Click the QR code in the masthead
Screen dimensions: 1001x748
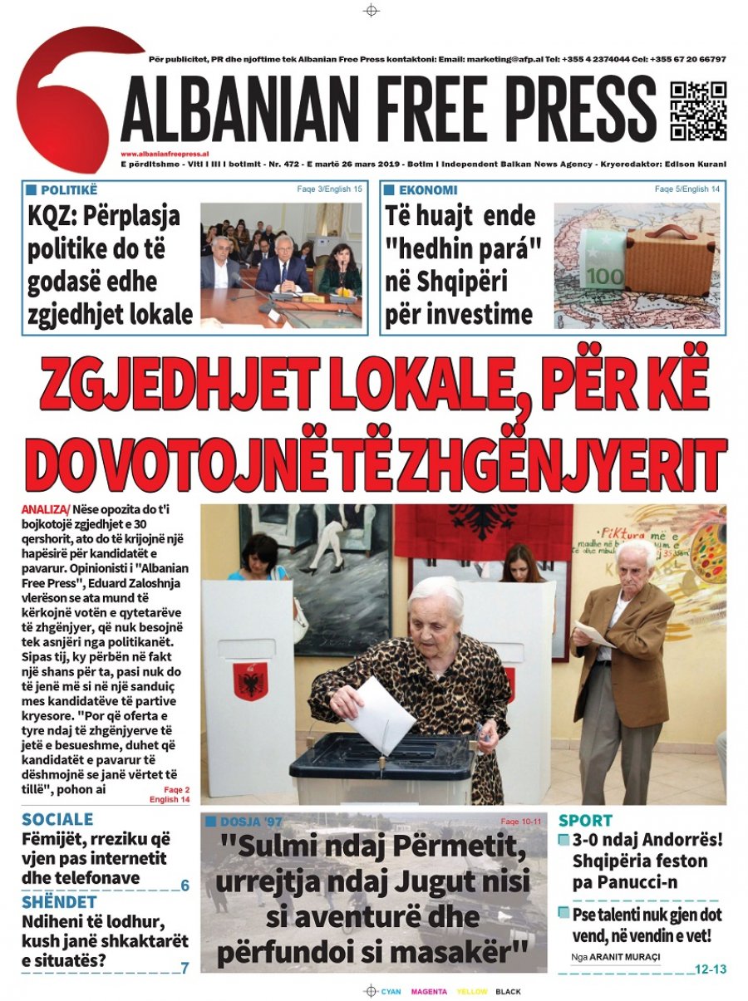pyautogui.click(x=698, y=110)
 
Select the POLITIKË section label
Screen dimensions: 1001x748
pyautogui.click(x=68, y=190)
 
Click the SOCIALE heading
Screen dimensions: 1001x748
pyautogui.click(x=57, y=819)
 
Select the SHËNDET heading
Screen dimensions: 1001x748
pyautogui.click(x=59, y=901)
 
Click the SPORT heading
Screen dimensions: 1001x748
pyautogui.click(x=585, y=820)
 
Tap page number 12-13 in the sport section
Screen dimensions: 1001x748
pyautogui.click(x=710, y=969)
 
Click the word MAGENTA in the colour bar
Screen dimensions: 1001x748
pyautogui.click(x=428, y=992)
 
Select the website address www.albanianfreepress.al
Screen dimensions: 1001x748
pyautogui.click(x=164, y=154)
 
